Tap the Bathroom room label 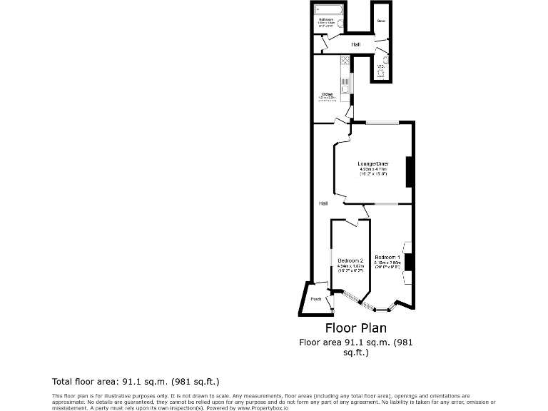[x=326, y=20]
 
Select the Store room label [x=381, y=21]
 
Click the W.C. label [x=380, y=66]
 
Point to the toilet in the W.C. [x=381, y=73]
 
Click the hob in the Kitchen [x=345, y=61]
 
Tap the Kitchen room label [x=326, y=94]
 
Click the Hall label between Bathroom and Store [x=355, y=44]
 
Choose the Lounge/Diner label [x=373, y=163]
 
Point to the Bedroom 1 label [x=387, y=256]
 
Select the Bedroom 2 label [x=350, y=260]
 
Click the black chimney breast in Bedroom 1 [x=409, y=262]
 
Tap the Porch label [x=315, y=299]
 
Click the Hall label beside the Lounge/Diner [x=323, y=203]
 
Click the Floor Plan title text [x=355, y=328]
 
